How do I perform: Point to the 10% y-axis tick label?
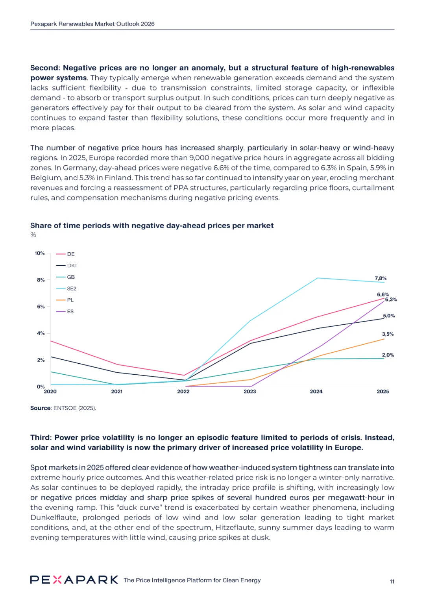click(40, 253)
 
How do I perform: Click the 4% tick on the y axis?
click(41, 333)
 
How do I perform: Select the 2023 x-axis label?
click(250, 391)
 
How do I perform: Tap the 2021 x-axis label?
click(117, 391)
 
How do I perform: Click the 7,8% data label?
click(381, 278)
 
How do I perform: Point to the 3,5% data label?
click(388, 334)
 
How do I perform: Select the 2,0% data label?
click(388, 355)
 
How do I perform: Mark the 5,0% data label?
click(389, 316)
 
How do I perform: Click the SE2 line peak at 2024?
click(318, 278)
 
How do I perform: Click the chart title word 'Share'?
click(41, 226)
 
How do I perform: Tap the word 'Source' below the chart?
click(41, 408)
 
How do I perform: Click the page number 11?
click(392, 581)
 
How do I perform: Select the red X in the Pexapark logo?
click(57, 580)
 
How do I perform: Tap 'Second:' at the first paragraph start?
click(45, 68)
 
